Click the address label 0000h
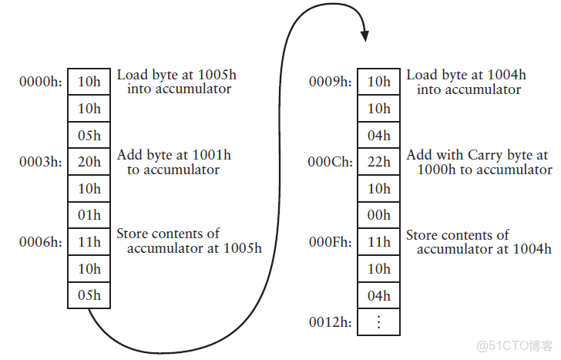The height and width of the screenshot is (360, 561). (40, 82)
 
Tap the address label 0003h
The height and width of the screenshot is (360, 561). (40, 162)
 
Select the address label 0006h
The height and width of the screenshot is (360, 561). (40, 242)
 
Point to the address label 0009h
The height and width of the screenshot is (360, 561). (331, 82)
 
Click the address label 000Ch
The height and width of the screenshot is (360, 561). (331, 162)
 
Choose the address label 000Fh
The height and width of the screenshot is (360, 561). (331, 242)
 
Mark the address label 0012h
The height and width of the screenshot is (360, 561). (331, 322)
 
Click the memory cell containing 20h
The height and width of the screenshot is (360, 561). (89, 162)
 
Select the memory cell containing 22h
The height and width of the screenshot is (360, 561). (379, 162)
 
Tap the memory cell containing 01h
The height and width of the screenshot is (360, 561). (89, 215)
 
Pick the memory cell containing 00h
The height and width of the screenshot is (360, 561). (379, 215)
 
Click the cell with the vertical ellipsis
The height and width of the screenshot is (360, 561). (379, 322)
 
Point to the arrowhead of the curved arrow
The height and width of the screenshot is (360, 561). (364, 36)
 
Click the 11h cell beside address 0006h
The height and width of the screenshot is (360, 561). (89, 242)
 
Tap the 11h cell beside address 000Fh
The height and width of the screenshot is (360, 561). (379, 242)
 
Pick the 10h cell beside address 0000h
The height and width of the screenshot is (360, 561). (89, 82)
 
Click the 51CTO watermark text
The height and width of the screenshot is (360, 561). (515, 346)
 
